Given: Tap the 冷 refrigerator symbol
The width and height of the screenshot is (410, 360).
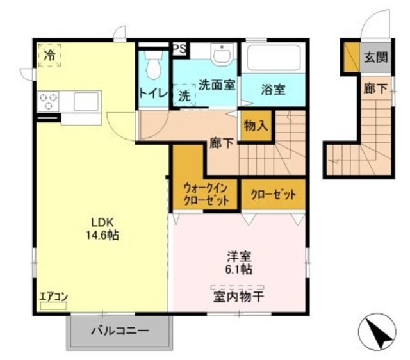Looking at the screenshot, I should click(x=49, y=56).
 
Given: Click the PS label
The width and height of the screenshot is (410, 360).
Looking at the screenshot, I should click(x=179, y=47).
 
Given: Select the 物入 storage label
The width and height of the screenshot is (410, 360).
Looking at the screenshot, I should click(x=256, y=125).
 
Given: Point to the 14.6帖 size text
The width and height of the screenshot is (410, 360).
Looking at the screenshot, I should click(x=102, y=236).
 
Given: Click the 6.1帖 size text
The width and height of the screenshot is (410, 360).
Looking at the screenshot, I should click(x=238, y=269).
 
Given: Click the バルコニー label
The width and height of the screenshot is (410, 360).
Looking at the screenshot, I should click(x=120, y=331).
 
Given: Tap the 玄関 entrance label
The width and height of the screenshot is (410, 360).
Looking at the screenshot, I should click(x=376, y=57).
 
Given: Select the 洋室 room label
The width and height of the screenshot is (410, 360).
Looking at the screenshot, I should click(x=238, y=255).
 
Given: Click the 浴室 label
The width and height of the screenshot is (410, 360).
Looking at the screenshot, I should click(x=274, y=90).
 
